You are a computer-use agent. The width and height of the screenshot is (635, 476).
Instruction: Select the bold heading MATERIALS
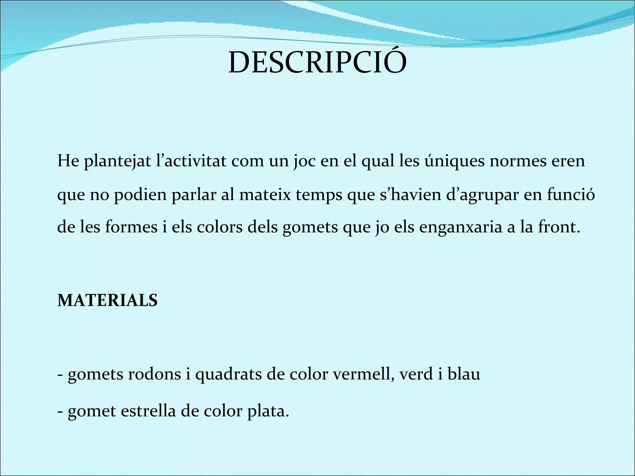(108, 301)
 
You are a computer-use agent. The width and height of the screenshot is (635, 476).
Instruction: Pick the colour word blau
(464, 374)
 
